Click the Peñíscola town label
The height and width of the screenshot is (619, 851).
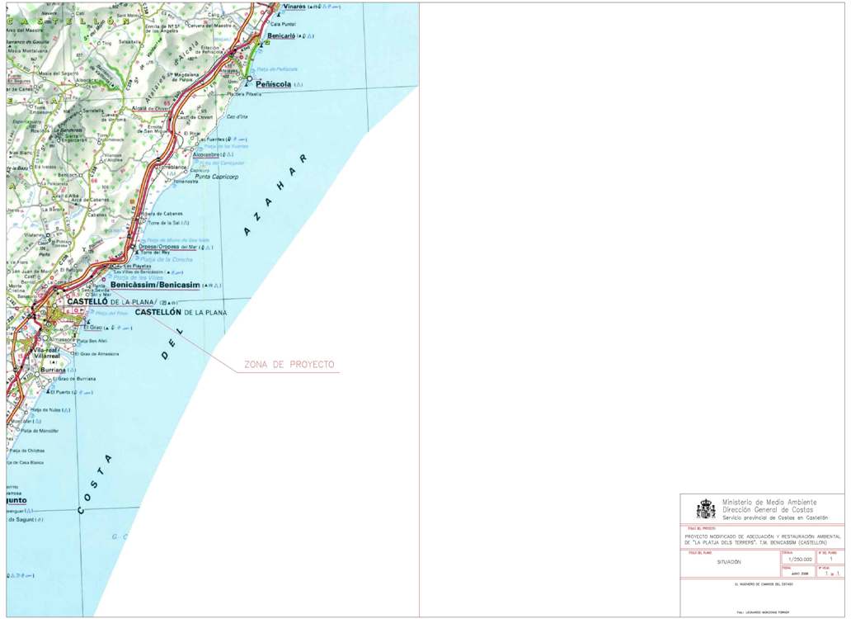tap(275, 84)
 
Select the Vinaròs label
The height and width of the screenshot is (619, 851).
tap(294, 7)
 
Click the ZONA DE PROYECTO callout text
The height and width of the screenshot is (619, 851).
tap(289, 365)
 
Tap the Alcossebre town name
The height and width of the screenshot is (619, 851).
tap(206, 154)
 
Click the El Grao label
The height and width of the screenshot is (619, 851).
tap(91, 328)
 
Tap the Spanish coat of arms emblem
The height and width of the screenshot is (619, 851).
tap(706, 508)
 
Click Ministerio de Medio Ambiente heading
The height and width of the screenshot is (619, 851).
tap(769, 502)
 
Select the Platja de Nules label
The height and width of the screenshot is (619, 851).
tap(48, 410)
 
